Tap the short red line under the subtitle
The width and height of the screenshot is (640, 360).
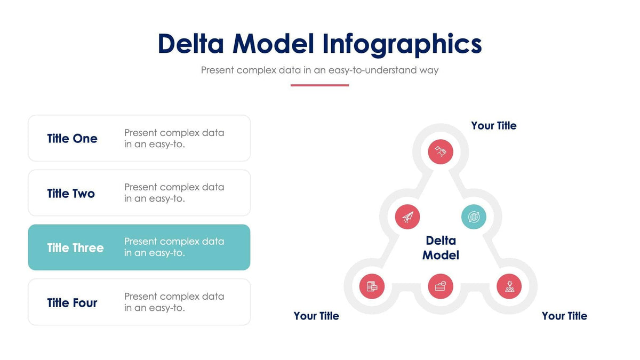pyautogui.click(x=319, y=85)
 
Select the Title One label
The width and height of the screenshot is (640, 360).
pyautogui.click(x=72, y=139)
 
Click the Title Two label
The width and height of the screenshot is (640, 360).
pyautogui.click(x=71, y=193)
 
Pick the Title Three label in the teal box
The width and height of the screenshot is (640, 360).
pyautogui.click(x=75, y=248)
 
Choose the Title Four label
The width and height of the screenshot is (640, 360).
pyautogui.click(x=72, y=303)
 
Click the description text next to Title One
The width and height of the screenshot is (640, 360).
pyautogui.click(x=174, y=138)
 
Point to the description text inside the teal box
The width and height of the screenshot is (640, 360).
pyautogui.click(x=174, y=247)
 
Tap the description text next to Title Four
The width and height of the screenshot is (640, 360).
pyautogui.click(x=174, y=302)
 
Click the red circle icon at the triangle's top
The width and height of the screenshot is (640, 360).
pyautogui.click(x=441, y=152)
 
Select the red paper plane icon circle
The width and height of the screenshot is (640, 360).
pyautogui.click(x=407, y=217)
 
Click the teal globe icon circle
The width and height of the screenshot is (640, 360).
pyautogui.click(x=474, y=217)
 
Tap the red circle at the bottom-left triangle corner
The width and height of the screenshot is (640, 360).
pyautogui.click(x=372, y=286)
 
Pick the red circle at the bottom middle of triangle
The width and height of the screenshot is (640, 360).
pyautogui.click(x=441, y=286)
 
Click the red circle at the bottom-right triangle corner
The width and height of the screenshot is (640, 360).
pyautogui.click(x=509, y=286)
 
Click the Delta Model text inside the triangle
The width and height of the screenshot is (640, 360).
pyautogui.click(x=441, y=248)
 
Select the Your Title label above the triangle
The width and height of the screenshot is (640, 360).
pyautogui.click(x=493, y=126)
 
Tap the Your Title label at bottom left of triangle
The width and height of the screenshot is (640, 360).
pyautogui.click(x=316, y=316)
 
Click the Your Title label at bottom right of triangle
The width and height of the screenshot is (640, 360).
pyautogui.click(x=564, y=316)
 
